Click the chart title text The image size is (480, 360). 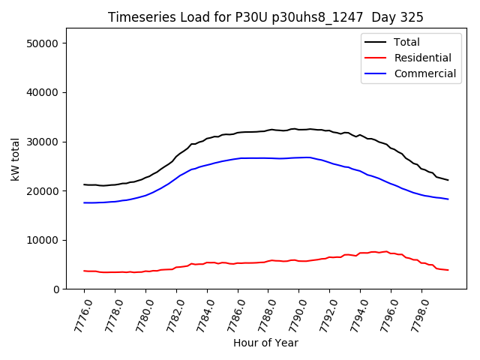265,17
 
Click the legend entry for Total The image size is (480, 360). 406,42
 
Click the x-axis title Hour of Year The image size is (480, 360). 265,343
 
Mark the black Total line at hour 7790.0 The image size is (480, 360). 299,129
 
